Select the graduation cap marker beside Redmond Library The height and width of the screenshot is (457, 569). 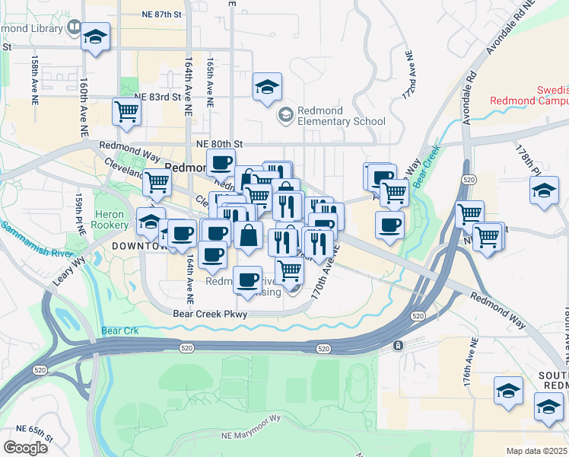pyautogui.click(x=96, y=37)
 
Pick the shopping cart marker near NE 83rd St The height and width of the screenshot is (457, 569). pyautogui.click(x=126, y=111)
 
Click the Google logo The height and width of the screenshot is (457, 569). pyautogui.click(x=26, y=448)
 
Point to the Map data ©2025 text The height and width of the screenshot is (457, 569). pyautogui.click(x=537, y=451)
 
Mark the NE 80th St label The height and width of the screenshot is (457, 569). pyautogui.click(x=218, y=143)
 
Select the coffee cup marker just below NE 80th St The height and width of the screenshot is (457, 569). pyautogui.click(x=221, y=162)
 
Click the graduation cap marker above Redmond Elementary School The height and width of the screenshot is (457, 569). pyautogui.click(x=267, y=88)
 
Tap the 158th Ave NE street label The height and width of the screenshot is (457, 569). pyautogui.click(x=35, y=78)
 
